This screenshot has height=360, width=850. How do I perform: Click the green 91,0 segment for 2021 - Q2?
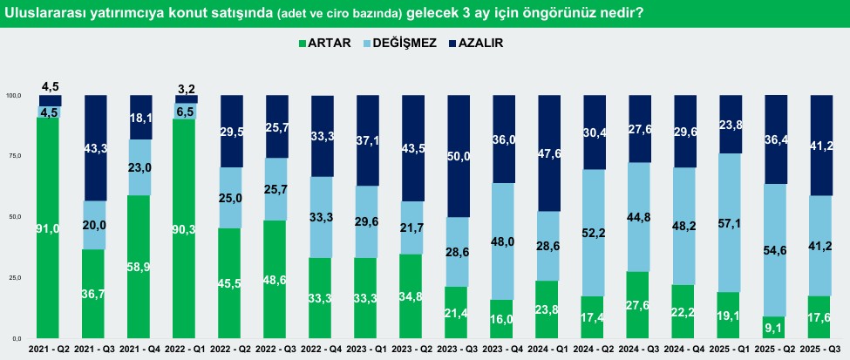[50, 228]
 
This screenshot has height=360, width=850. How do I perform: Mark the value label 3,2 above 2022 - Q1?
[187, 88]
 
